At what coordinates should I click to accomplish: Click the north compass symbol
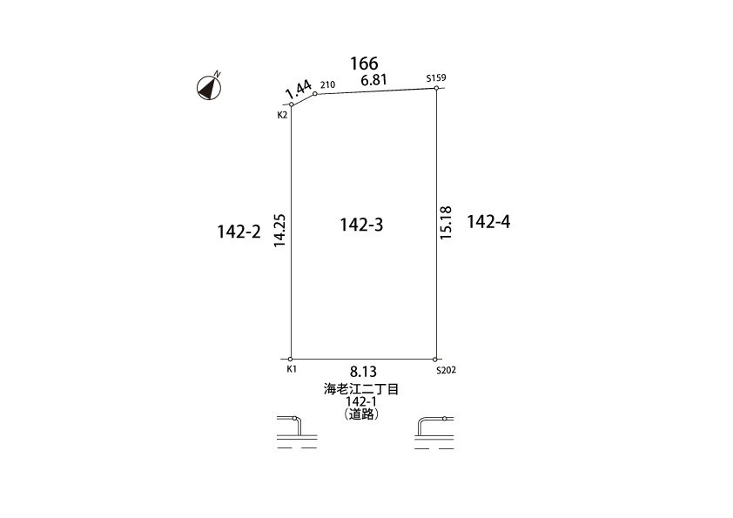208,87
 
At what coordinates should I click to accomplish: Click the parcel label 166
364,63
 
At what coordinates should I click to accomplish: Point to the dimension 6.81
374,80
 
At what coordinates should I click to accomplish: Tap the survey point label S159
436,77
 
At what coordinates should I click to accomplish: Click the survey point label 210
327,84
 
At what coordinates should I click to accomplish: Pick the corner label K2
282,115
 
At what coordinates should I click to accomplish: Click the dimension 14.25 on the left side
279,231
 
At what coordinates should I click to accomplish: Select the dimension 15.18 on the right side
446,223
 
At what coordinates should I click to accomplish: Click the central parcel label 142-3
361,225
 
